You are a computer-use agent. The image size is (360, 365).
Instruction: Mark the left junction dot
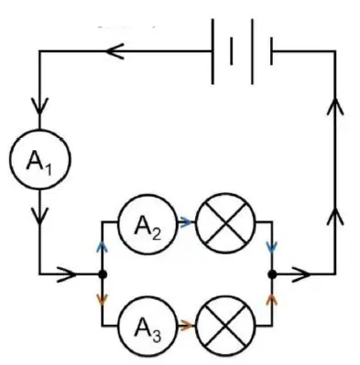click(103, 274)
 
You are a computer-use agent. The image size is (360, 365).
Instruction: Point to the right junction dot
click(272, 274)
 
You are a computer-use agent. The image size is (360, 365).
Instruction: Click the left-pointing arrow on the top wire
click(115, 51)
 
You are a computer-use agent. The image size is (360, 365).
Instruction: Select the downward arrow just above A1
click(39, 106)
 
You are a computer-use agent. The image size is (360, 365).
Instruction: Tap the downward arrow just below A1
click(39, 216)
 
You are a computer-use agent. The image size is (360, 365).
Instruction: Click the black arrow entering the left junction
click(67, 274)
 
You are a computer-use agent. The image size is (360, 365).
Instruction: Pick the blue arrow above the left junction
click(103, 246)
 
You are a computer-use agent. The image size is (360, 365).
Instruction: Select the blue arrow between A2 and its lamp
click(185, 223)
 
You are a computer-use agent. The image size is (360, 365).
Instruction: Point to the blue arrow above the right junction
click(272, 247)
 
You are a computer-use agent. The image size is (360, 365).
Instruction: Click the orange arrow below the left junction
click(103, 299)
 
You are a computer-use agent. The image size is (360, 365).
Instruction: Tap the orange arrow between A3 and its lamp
click(186, 326)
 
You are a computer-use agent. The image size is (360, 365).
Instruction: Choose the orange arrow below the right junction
click(272, 299)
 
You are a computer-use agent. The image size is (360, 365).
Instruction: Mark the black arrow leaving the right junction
click(300, 274)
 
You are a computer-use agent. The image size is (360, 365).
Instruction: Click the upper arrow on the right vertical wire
click(335, 106)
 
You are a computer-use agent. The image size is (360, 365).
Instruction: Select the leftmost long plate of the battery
click(213, 51)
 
